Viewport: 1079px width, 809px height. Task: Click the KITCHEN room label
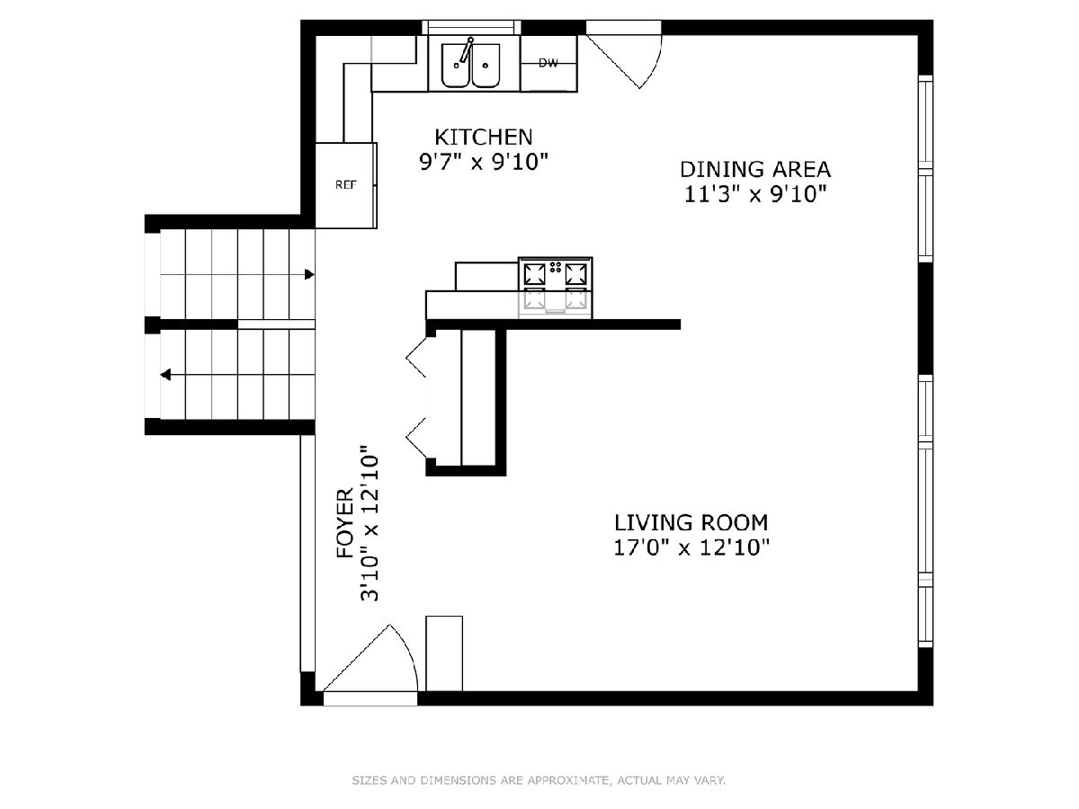tap(484, 137)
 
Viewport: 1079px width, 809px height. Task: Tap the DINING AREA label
tap(755, 170)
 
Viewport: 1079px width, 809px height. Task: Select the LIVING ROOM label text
tap(691, 522)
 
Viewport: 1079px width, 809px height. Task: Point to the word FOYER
tap(345, 522)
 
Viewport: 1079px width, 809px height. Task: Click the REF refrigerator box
tap(346, 185)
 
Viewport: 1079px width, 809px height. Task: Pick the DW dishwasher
tap(548, 63)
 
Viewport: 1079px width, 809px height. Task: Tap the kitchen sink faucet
tap(465, 50)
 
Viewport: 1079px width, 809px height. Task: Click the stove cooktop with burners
tap(556, 288)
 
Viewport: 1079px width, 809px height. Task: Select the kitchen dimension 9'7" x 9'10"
tap(484, 162)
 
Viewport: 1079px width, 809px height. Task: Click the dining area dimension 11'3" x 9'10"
tap(755, 194)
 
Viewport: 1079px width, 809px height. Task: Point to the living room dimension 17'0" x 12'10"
tap(691, 547)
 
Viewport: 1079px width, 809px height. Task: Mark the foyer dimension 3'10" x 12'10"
tap(370, 523)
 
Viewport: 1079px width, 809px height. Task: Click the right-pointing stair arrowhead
tap(309, 274)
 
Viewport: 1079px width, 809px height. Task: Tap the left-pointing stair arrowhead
tap(165, 375)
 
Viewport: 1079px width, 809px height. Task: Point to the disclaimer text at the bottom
tap(539, 780)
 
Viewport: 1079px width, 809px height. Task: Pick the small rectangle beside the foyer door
tap(444, 653)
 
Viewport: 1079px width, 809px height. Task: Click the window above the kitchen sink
tap(471, 28)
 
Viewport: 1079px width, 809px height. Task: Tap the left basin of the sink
tap(456, 66)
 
